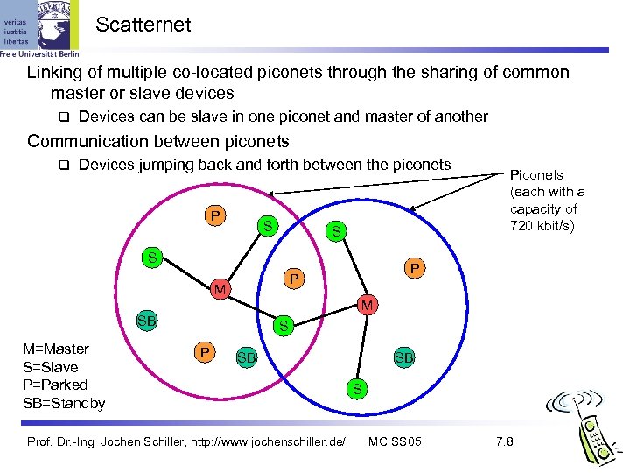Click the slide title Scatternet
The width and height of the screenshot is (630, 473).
pos(143,25)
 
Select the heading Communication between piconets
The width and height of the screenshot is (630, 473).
pos(158,141)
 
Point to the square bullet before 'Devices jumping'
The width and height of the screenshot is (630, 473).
pos(62,166)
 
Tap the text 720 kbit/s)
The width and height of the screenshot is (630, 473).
pos(543,227)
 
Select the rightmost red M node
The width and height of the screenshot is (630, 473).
pos(367,304)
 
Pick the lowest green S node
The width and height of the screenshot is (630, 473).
pos(355,387)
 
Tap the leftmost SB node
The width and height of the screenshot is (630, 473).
pos(146,321)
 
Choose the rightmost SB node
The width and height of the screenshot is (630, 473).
pos(403,357)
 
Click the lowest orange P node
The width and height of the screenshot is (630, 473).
pos(204,353)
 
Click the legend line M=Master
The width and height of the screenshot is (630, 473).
pos(56,349)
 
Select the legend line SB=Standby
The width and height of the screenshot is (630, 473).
pos(64,403)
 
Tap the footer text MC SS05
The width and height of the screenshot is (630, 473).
pos(395,441)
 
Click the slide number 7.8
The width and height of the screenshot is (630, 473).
pos(505,441)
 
